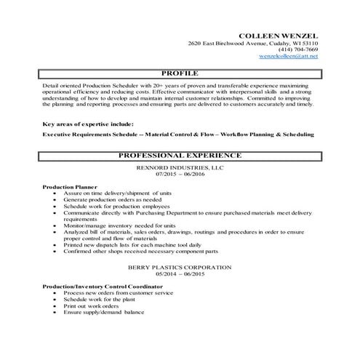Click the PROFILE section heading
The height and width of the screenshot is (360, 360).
coord(180,74)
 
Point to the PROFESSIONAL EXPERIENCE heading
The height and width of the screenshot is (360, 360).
coord(180,156)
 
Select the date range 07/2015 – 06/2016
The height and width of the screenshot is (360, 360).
coord(180,175)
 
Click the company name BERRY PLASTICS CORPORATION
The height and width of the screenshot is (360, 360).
coord(180,268)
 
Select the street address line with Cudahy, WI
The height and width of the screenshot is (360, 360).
coord(252,44)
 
